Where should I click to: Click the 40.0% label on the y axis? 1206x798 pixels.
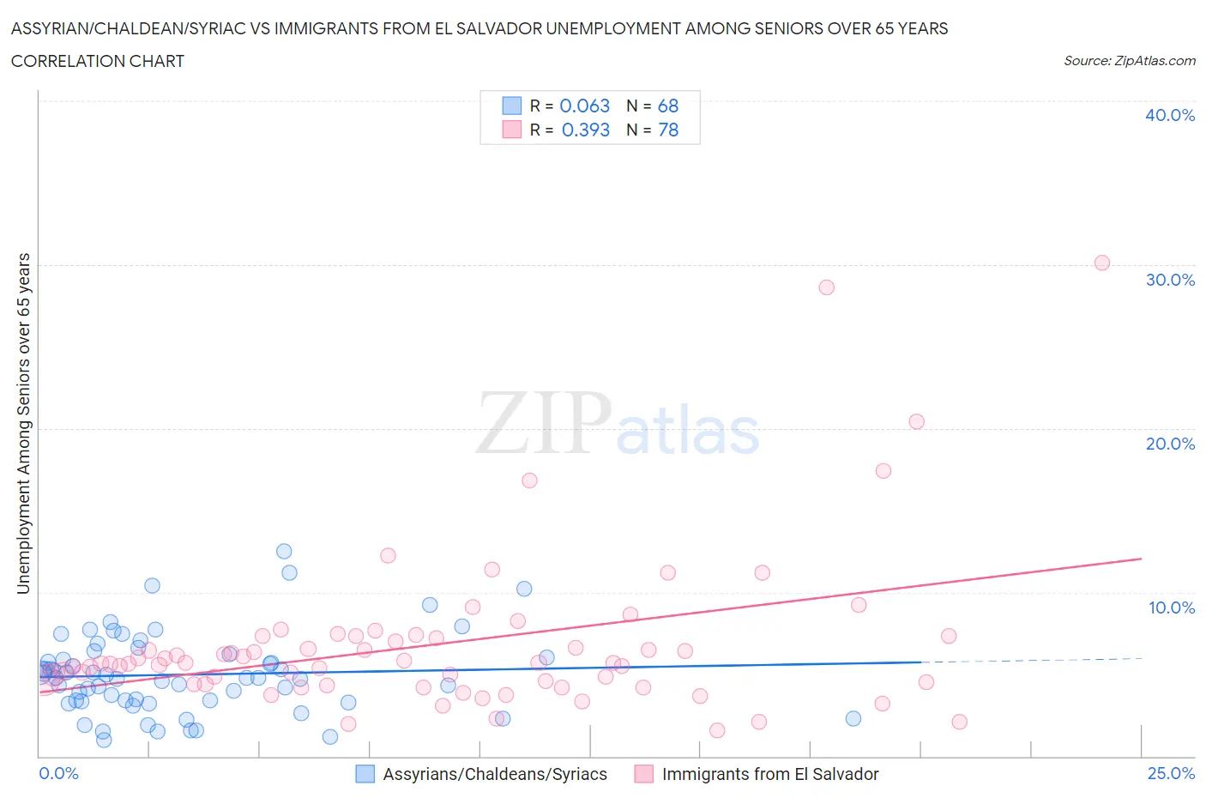(1170, 115)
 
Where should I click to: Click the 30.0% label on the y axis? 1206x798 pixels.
(1170, 280)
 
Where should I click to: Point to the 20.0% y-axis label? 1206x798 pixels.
(1170, 444)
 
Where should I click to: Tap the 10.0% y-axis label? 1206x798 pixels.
(1171, 608)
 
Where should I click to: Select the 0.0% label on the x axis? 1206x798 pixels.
(59, 773)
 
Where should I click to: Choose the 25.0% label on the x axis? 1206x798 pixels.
(1171, 773)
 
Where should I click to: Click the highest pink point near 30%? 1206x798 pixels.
(1102, 263)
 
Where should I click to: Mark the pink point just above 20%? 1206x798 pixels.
(916, 421)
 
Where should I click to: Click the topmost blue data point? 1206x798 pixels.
(284, 551)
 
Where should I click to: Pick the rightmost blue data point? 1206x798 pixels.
(853, 718)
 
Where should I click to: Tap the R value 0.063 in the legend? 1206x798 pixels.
(584, 106)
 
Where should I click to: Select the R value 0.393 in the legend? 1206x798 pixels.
(585, 130)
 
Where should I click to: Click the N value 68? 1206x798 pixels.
(668, 106)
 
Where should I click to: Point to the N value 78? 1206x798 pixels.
(668, 130)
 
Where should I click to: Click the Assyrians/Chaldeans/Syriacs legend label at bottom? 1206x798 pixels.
(494, 774)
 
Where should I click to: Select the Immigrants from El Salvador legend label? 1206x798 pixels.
(769, 774)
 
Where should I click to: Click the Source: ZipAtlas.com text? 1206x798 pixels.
(1129, 60)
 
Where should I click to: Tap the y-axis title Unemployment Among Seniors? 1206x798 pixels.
(23, 423)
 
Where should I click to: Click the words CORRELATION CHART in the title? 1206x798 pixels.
(98, 61)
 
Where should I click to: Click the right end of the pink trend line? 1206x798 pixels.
(1141, 559)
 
